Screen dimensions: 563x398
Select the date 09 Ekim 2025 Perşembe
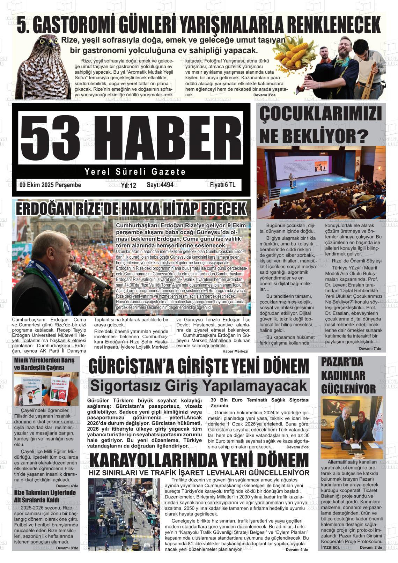(x=50, y=185)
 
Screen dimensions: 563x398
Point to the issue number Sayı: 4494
(x=160, y=185)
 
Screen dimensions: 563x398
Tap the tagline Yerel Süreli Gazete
(x=135, y=172)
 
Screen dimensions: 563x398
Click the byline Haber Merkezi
(x=235, y=351)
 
